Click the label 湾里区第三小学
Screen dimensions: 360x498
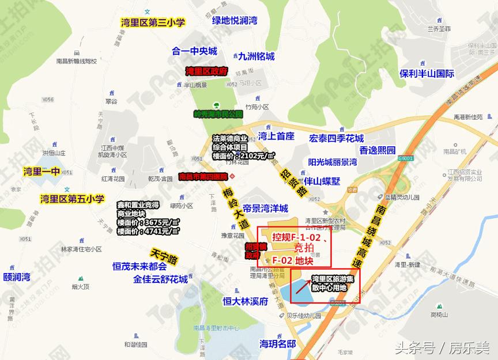coord(153,22)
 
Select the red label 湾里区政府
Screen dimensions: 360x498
coord(207,71)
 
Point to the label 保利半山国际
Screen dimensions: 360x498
coord(427,74)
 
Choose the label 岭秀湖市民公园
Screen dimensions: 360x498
coord(218,114)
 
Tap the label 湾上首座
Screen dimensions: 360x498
coord(277,137)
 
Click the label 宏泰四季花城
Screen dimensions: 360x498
coord(337,138)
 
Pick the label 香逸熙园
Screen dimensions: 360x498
coord(378,150)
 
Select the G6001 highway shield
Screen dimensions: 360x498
coord(406,158)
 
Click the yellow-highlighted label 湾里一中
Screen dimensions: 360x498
coord(41,171)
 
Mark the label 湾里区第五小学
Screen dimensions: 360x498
coord(72,199)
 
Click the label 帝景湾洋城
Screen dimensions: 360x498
coord(265,209)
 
